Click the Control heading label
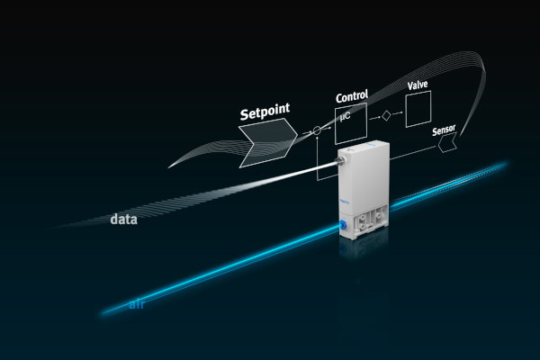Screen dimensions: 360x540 pyautogui.click(x=352, y=96)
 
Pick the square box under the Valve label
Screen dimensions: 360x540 pyautogui.click(x=418, y=109)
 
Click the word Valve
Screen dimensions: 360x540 pyautogui.click(x=418, y=85)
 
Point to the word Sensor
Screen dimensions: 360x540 pyautogui.click(x=444, y=130)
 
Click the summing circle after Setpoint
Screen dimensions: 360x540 pyautogui.click(x=317, y=132)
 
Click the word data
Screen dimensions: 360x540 pyautogui.click(x=123, y=219)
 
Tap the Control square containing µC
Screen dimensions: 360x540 pyautogui.click(x=352, y=125)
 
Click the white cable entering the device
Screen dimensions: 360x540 pyautogui.click(x=270, y=175)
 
